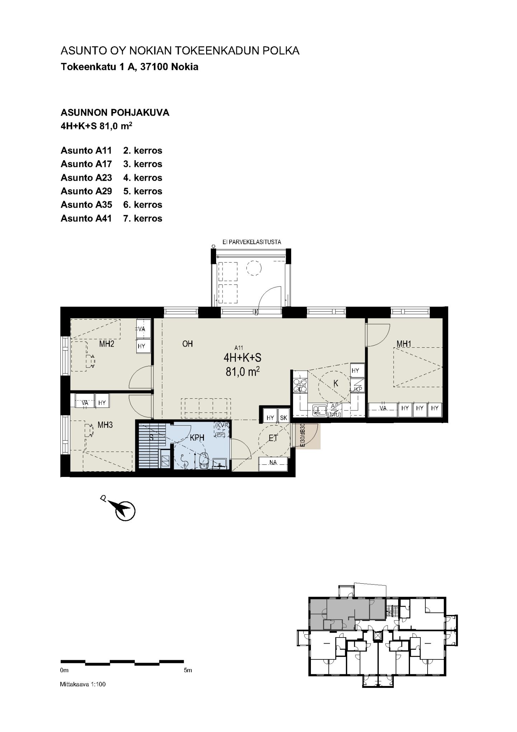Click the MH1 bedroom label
point(404,344)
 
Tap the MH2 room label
point(107,344)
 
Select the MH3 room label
point(105,425)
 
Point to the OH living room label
point(187,344)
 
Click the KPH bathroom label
point(197,438)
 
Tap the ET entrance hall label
point(273,438)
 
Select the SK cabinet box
point(284,418)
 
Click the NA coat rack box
point(273,463)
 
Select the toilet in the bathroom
point(203,460)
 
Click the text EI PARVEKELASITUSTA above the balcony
point(252,242)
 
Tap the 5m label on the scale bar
point(187,670)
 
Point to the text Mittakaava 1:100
point(83,684)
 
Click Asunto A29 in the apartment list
point(86,191)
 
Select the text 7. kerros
point(143,218)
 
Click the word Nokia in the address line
point(185,67)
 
